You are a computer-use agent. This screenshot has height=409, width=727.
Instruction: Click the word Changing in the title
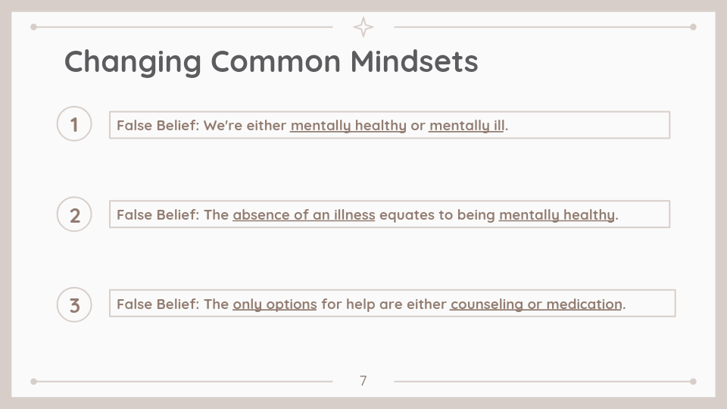(x=133, y=61)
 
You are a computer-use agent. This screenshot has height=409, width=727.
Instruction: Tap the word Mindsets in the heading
(x=414, y=61)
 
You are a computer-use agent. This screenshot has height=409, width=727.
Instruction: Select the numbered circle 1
(x=74, y=123)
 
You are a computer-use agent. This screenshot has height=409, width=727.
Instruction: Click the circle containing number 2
(x=74, y=214)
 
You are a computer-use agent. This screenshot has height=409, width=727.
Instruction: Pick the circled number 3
(x=74, y=304)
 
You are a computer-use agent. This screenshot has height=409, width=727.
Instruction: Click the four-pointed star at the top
(x=363, y=27)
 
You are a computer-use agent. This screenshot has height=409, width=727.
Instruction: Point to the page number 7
(x=363, y=381)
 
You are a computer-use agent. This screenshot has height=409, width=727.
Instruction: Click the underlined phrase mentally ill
(x=466, y=126)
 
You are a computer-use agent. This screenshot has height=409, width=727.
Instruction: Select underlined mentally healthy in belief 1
(x=348, y=126)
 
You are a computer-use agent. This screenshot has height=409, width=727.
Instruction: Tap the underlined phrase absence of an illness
(x=304, y=215)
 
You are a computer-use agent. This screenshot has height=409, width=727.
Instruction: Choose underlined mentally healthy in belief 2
(x=557, y=215)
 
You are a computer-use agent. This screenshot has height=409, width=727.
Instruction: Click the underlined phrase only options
(x=274, y=304)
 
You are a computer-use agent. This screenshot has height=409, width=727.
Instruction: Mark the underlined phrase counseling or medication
(x=536, y=304)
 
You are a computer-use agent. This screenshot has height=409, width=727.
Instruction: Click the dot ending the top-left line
(x=33, y=27)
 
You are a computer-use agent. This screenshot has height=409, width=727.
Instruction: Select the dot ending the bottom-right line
(x=693, y=382)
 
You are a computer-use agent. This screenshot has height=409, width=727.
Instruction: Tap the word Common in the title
(x=276, y=61)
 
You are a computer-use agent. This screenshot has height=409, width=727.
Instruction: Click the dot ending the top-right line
(x=693, y=27)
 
